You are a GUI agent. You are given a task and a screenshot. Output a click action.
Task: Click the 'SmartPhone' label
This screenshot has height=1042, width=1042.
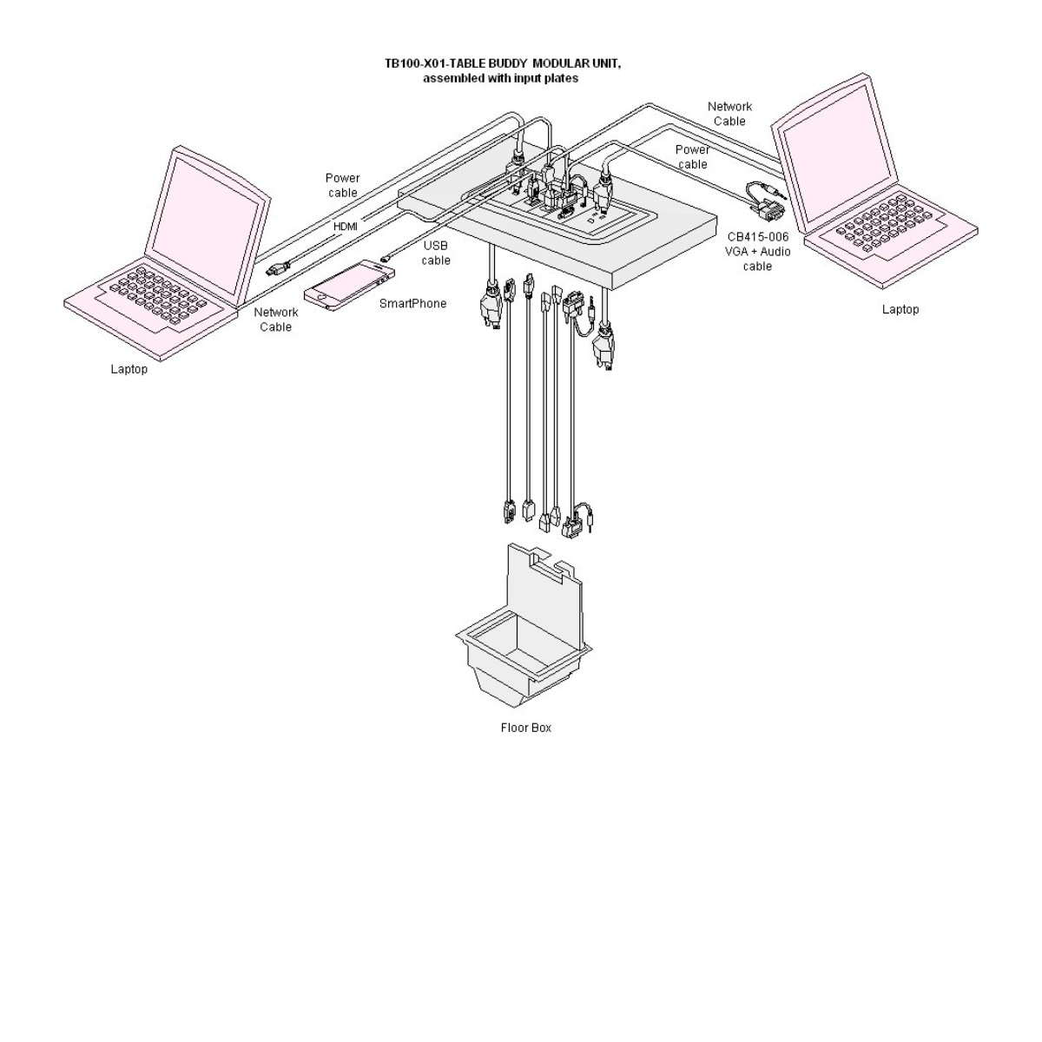[412, 304]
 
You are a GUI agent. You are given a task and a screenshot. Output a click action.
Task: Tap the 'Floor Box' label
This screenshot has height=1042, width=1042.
[525, 728]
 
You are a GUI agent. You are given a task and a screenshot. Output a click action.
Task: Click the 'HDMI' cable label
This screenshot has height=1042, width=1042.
[346, 227]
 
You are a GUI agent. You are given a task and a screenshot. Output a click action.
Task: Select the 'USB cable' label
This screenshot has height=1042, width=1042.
[436, 253]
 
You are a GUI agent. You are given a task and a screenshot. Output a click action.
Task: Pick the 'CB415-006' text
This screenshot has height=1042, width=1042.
[757, 236]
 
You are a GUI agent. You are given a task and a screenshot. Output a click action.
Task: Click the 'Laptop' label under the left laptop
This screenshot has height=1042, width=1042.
[129, 369]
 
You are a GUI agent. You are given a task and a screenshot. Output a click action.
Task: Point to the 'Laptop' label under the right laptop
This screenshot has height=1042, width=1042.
[900, 309]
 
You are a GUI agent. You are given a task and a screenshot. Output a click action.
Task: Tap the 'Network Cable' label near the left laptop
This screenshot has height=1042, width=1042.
[275, 320]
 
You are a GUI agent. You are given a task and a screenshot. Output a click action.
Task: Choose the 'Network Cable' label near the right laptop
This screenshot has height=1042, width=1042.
[729, 114]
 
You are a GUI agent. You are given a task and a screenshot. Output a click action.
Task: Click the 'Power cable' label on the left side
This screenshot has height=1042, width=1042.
[342, 185]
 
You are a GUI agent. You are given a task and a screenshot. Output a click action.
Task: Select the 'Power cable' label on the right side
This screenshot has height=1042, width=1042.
[692, 156]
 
